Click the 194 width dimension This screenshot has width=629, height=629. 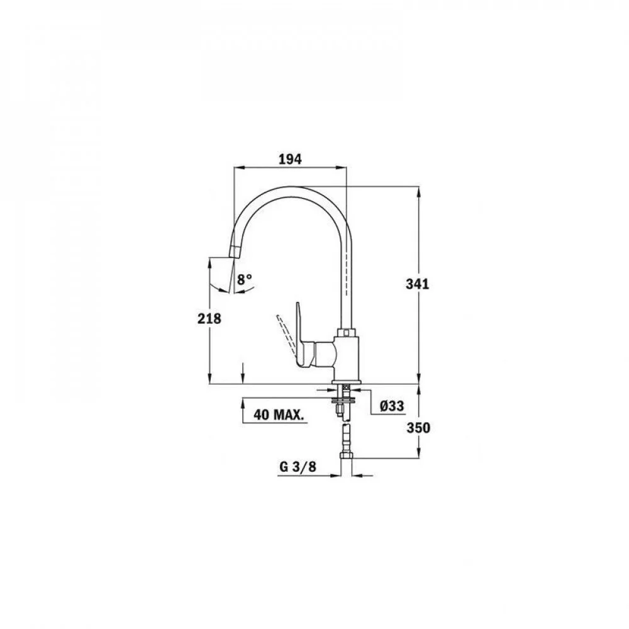(290, 159)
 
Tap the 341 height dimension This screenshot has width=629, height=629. (418, 284)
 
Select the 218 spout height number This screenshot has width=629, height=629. (209, 318)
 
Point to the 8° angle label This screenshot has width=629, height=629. (244, 279)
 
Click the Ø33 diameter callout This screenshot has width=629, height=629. (392, 406)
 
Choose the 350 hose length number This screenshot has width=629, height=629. (418, 428)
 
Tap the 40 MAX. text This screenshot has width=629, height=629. (279, 415)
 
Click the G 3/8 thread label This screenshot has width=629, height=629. (298, 467)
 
